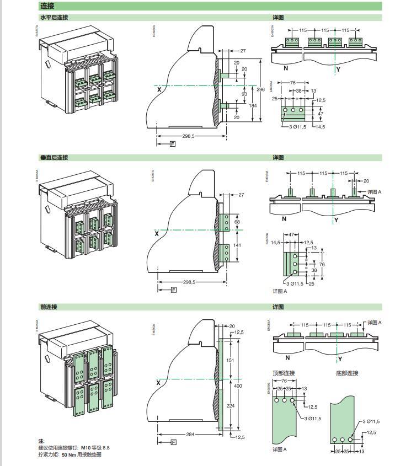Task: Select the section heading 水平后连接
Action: point(54,18)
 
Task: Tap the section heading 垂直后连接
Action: point(54,158)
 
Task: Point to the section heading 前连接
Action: point(49,307)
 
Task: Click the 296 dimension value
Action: point(261,89)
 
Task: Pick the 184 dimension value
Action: point(253,105)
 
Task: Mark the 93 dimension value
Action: point(244,94)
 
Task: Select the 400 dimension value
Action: point(238,386)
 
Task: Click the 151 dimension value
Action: point(231,360)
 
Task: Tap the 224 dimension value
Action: point(231,404)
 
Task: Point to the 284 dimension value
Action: point(190,435)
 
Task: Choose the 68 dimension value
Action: point(237,222)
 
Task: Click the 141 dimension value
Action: point(238,245)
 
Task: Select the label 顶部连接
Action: point(284,373)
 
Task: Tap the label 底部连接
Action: point(347,373)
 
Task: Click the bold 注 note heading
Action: point(41,441)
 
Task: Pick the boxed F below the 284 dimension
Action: point(174,442)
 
